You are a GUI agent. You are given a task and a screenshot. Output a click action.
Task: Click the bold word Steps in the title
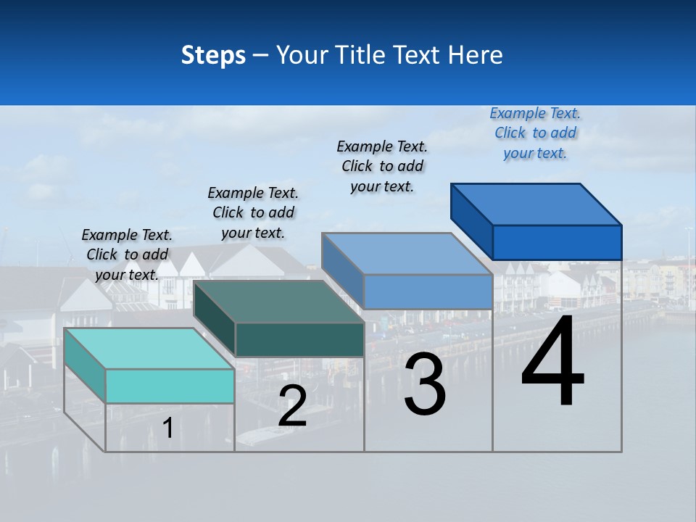[213, 55]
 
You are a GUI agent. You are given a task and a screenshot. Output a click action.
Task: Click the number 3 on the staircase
[425, 384]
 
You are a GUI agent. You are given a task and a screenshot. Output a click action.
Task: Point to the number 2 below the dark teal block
[292, 406]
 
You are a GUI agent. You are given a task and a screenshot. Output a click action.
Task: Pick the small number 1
[167, 428]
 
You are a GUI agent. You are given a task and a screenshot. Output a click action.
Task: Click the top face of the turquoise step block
[149, 348]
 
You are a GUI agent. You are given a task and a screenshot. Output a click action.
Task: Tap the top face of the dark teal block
[278, 302]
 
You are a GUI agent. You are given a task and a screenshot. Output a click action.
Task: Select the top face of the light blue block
[406, 254]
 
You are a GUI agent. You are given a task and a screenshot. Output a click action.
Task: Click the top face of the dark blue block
[536, 204]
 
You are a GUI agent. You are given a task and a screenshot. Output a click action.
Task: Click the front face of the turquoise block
[170, 386]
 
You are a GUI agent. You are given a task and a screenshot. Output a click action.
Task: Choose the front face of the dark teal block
[299, 339]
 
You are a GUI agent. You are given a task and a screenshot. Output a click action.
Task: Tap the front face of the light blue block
[428, 292]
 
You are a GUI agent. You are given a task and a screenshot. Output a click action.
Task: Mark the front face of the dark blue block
[557, 242]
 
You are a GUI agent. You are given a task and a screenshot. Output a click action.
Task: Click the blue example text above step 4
[535, 133]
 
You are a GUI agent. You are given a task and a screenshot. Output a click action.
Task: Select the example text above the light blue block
[382, 166]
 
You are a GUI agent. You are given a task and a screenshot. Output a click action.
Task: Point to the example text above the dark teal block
[253, 212]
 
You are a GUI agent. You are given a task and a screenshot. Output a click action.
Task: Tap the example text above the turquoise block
[127, 254]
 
